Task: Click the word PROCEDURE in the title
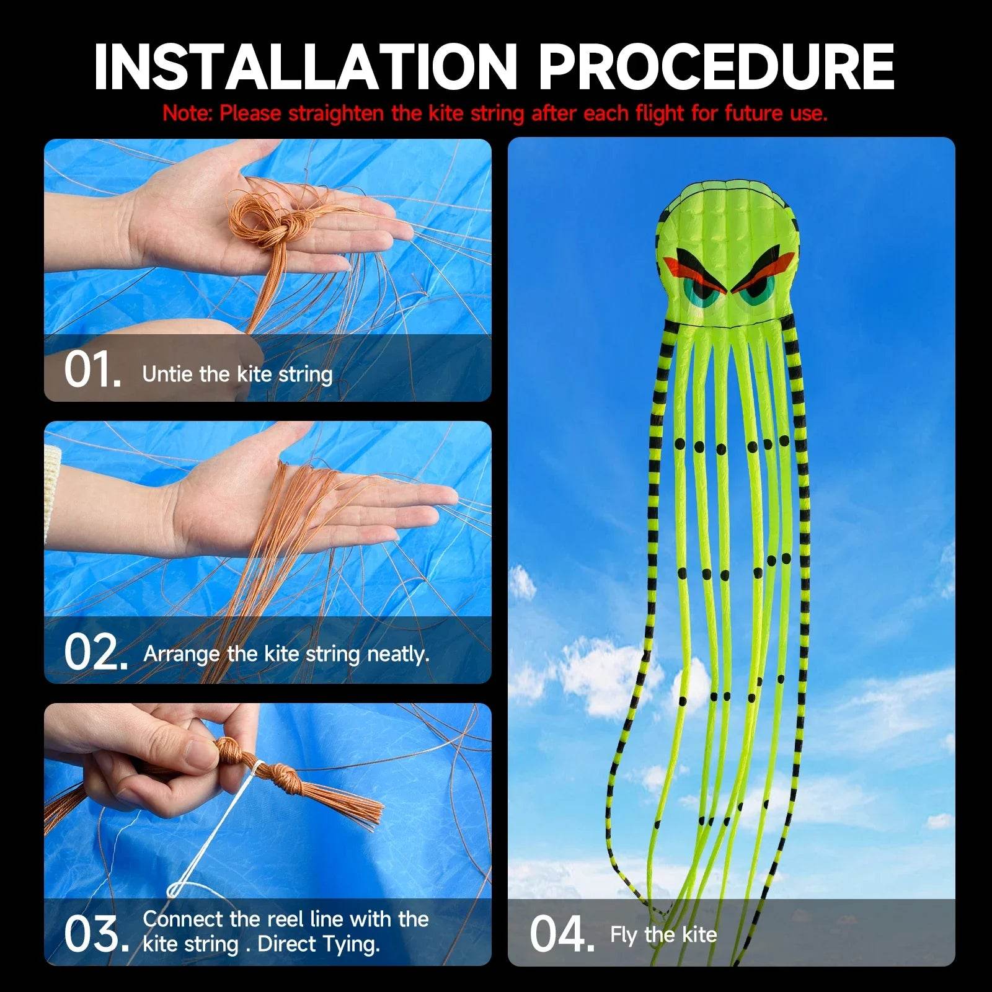click(716, 67)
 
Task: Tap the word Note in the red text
click(186, 113)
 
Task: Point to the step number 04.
click(561, 934)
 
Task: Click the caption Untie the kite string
click(237, 374)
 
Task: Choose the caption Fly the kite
click(663, 934)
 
